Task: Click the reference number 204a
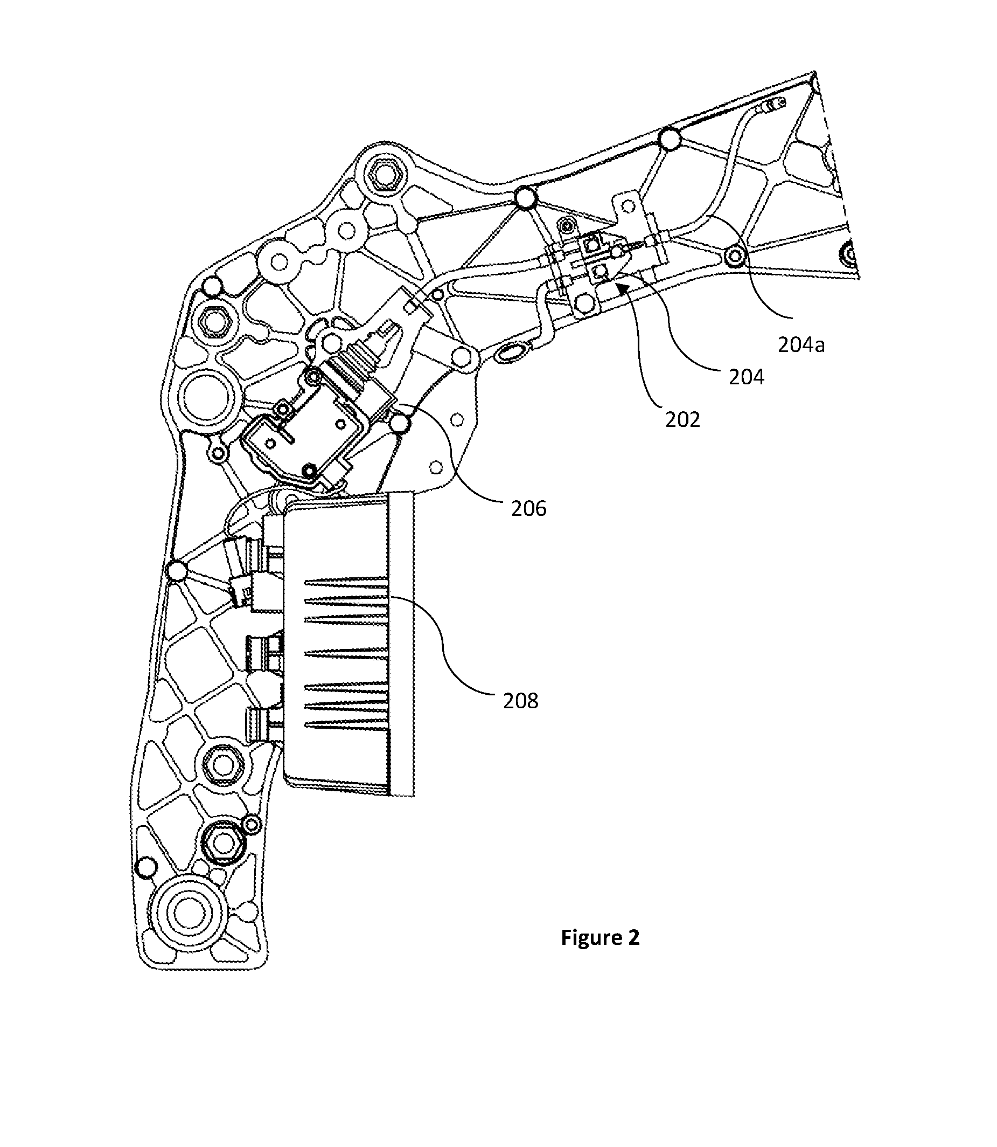(x=801, y=345)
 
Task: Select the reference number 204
(x=747, y=377)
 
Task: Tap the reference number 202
(x=682, y=419)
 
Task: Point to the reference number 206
(x=529, y=508)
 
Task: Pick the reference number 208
(x=521, y=701)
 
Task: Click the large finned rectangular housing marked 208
(x=349, y=645)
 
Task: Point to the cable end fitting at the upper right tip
(x=775, y=104)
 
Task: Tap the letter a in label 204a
(x=819, y=347)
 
